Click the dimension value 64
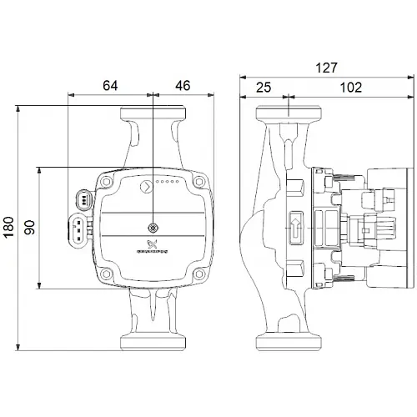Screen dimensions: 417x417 (x=110, y=84)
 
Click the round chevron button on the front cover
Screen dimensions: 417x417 (x=145, y=185)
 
